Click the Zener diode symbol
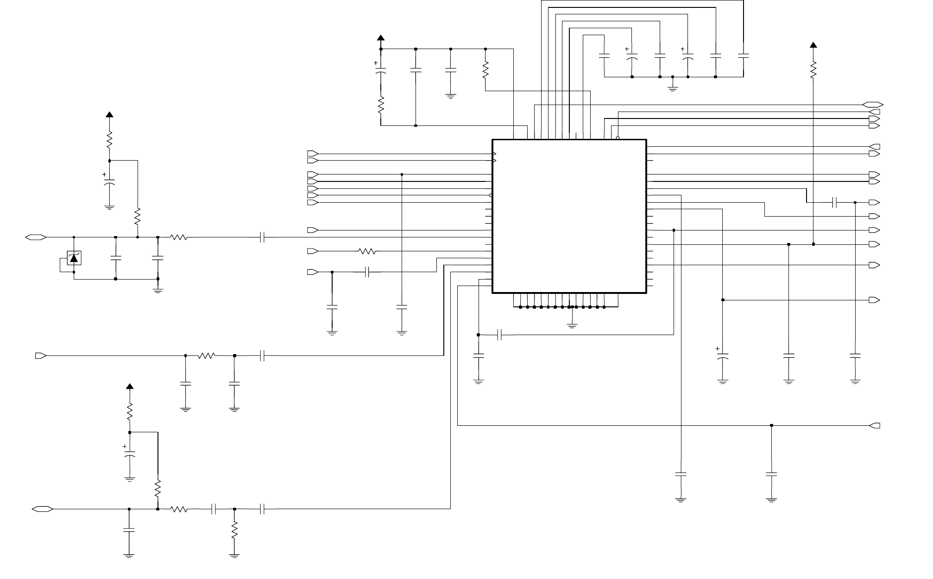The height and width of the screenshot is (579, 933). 74,258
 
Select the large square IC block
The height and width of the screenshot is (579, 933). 569,216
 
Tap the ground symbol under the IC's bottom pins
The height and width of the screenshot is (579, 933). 572,326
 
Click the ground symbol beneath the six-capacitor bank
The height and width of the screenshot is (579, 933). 673,87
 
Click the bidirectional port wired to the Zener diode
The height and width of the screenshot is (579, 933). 36,237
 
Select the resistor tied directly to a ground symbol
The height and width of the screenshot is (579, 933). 234,530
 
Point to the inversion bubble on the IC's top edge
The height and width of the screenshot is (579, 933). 618,137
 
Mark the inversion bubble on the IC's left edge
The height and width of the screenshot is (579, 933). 491,195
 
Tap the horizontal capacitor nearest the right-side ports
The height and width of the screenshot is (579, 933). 835,202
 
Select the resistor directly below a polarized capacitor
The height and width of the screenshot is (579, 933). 381,106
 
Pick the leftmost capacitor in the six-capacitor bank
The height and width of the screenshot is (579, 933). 604,56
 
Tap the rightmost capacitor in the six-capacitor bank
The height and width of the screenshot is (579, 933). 743,56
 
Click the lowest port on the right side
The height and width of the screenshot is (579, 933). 875,426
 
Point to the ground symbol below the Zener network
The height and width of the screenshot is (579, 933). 158,291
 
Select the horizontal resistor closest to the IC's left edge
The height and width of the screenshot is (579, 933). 367,251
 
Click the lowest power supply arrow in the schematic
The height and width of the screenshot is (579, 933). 130,386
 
